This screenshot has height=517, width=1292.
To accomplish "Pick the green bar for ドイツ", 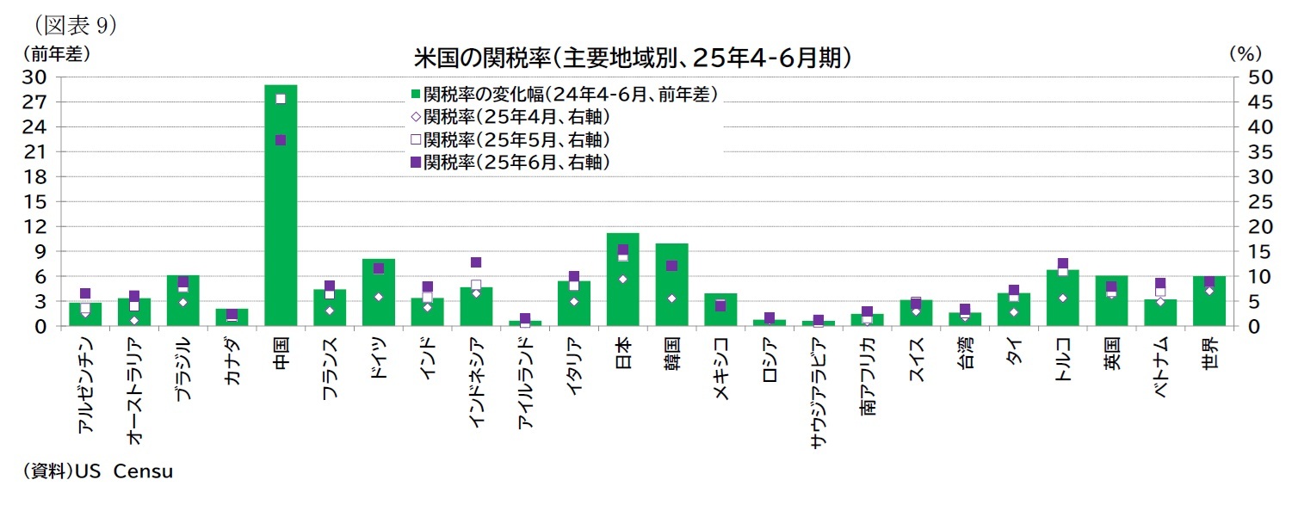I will coord(378,297).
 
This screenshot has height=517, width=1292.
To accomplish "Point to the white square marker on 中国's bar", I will coord(281,99).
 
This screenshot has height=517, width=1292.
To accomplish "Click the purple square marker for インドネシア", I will coord(476,262).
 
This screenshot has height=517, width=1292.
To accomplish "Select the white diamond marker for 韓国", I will coord(671,299).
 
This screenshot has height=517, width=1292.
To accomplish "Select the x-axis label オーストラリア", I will coord(134,391).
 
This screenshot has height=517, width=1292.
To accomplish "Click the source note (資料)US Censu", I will coord(97,471).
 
